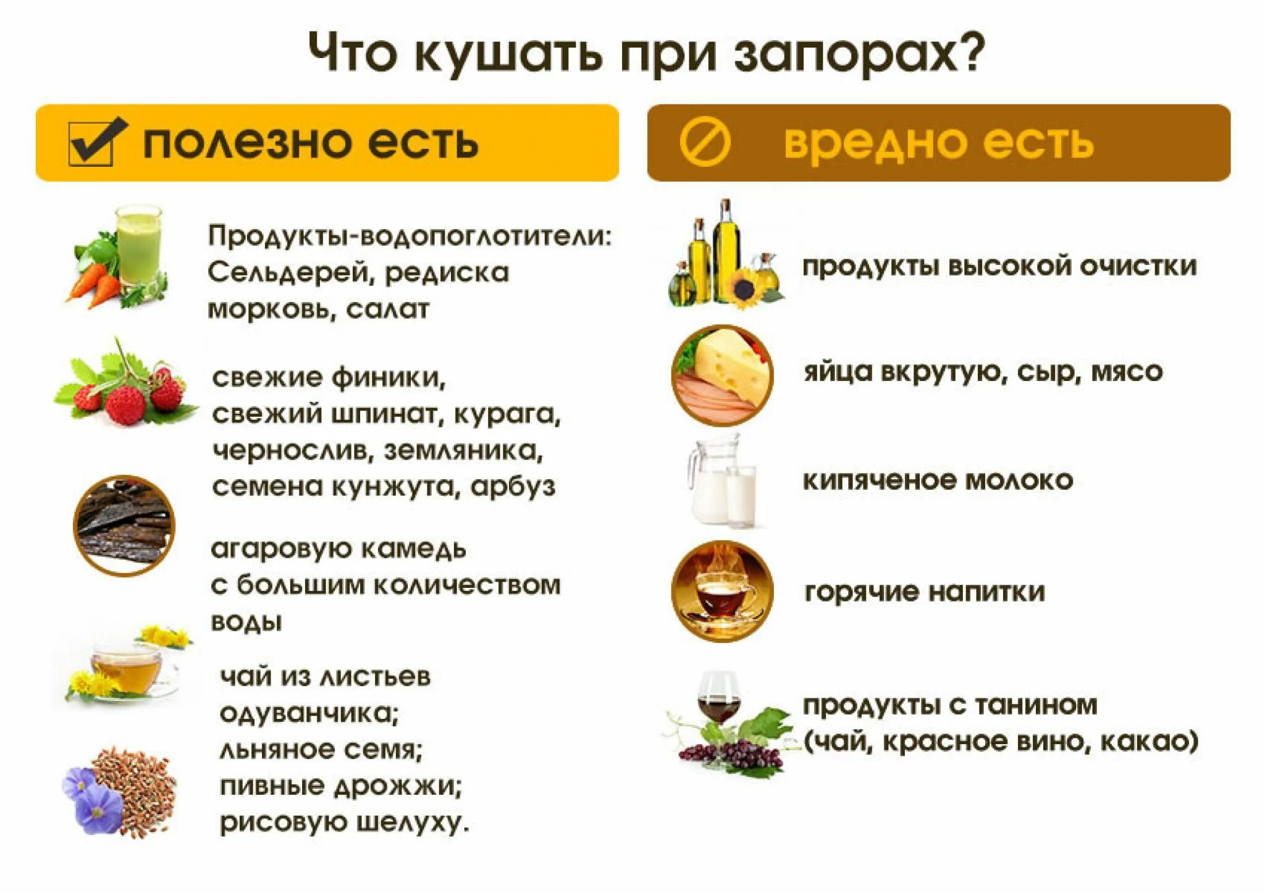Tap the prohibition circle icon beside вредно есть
(705, 143)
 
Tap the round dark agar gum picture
(124, 526)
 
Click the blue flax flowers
(92, 800)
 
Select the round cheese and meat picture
(722, 375)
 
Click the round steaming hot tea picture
(722, 591)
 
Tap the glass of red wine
(718, 698)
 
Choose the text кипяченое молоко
(938, 480)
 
